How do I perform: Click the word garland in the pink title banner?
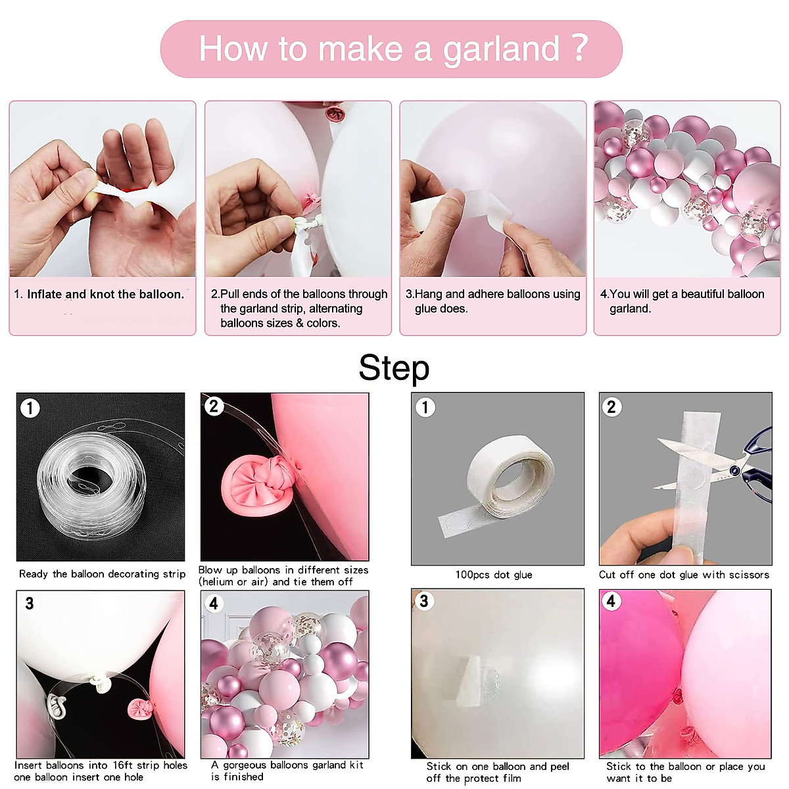[500, 49]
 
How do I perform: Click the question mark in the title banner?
[579, 47]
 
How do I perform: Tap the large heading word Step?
[394, 368]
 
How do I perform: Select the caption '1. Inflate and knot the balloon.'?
[99, 295]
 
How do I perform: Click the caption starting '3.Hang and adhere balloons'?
[492, 301]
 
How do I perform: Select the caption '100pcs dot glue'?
[494, 575]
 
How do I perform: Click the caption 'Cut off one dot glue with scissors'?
[684, 575]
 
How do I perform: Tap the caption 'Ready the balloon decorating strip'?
[102, 574]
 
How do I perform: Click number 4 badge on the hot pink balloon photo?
[611, 601]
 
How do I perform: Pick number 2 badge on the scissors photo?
[611, 407]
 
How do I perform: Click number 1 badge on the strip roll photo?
[30, 408]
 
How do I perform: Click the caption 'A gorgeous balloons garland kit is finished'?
[287, 771]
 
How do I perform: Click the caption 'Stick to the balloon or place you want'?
[685, 772]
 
